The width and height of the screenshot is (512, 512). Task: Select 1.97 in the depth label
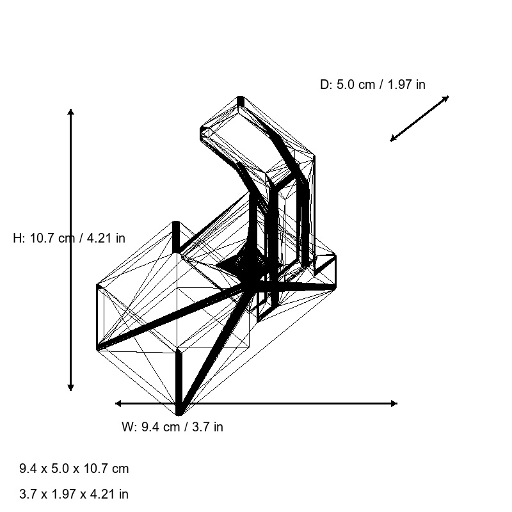coord(399,84)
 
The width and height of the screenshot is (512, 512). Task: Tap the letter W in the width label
coord(127,427)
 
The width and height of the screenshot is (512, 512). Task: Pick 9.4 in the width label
coord(149,427)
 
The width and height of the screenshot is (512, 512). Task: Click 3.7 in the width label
coord(200,427)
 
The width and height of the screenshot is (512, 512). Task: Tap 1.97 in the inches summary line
coord(63,494)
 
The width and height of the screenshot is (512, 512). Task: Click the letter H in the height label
coord(17,238)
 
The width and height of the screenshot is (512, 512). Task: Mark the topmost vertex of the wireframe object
coord(241,97)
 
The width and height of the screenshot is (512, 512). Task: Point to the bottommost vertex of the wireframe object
coord(179,415)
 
